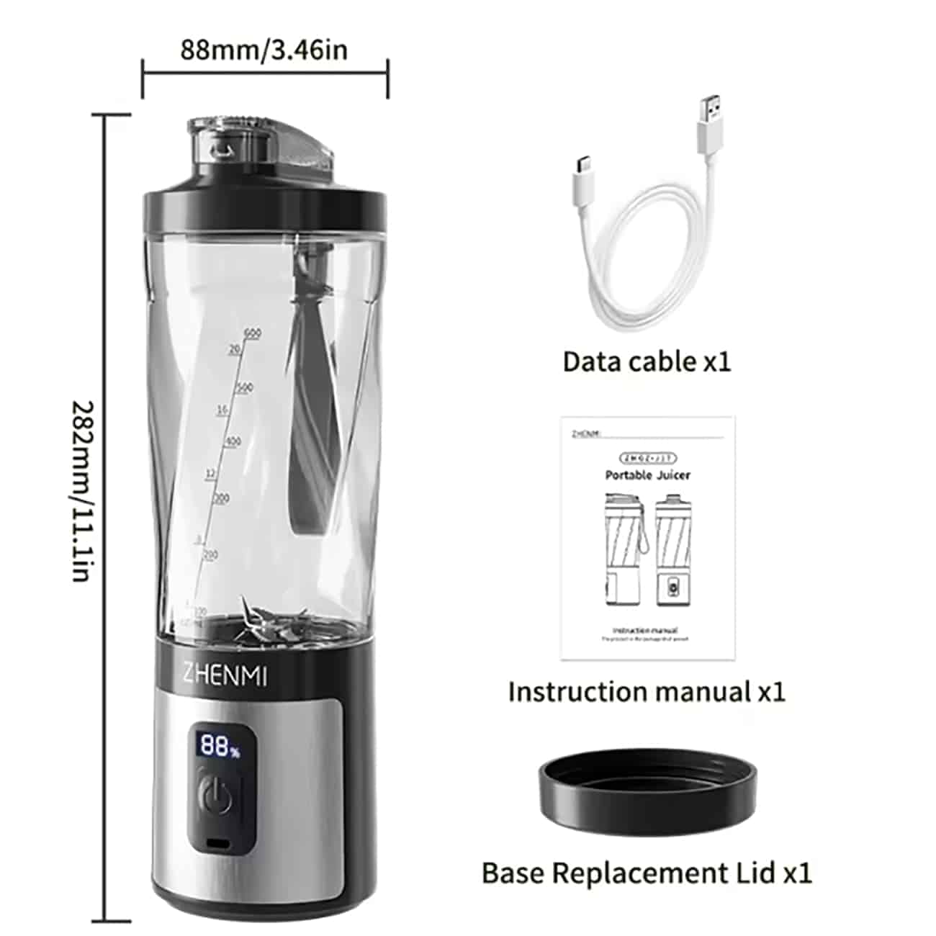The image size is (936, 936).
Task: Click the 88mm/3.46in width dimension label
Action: click(x=264, y=50)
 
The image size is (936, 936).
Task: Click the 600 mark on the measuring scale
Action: click(x=252, y=333)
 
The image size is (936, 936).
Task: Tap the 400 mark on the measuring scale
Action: click(x=233, y=441)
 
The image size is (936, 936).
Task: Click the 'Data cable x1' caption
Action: click(x=647, y=361)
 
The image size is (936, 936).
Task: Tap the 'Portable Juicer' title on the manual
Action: click(x=647, y=475)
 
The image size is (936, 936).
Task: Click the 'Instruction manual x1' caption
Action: click(x=647, y=692)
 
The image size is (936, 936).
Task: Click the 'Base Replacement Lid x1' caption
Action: click(x=647, y=873)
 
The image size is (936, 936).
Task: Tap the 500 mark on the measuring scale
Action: click(x=246, y=389)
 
